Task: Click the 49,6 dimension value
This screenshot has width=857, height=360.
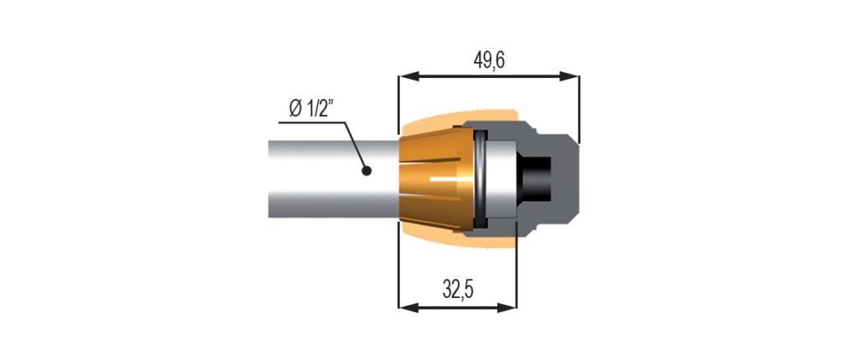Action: [x=489, y=61]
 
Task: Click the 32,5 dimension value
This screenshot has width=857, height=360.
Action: [x=458, y=291]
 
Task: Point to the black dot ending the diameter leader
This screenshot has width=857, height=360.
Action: [x=367, y=171]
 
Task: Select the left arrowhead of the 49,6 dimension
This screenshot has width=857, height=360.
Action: [x=409, y=76]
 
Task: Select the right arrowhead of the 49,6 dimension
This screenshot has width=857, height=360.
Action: [x=569, y=76]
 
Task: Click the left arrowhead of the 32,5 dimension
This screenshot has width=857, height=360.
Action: [x=409, y=308]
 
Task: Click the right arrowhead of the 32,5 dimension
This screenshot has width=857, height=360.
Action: [x=506, y=308]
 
